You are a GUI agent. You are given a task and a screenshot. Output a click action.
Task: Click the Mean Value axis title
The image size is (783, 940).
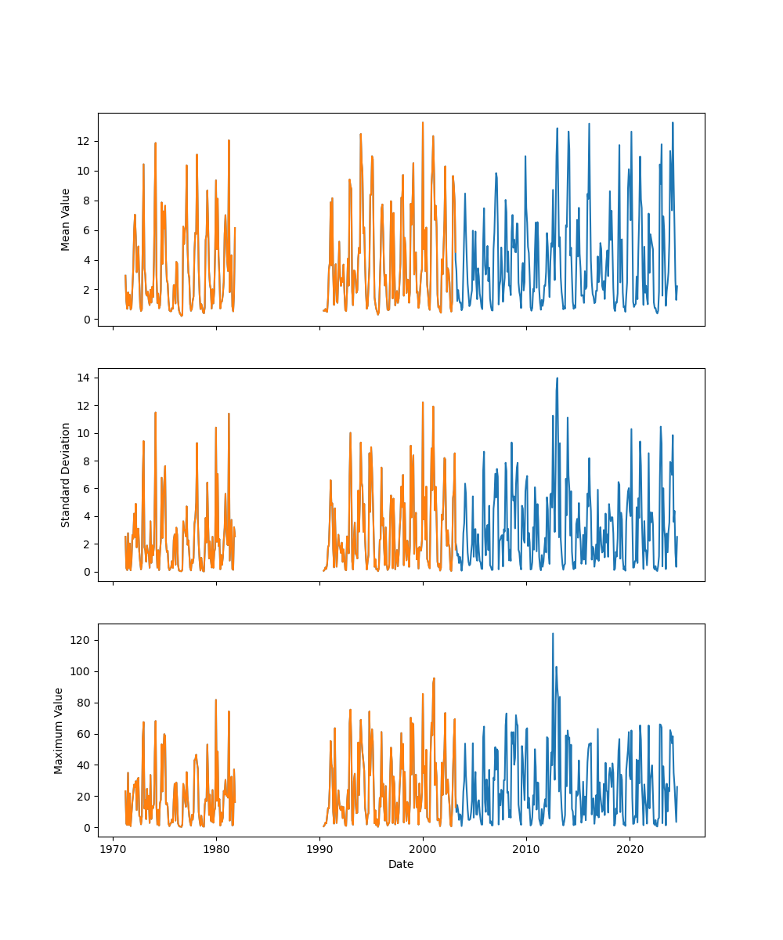(x=66, y=219)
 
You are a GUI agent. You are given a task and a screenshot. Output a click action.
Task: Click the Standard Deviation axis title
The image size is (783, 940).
(x=66, y=475)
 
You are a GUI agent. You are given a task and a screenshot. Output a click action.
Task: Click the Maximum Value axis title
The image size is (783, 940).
(x=59, y=730)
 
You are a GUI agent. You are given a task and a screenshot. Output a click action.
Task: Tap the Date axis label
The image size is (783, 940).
(x=401, y=864)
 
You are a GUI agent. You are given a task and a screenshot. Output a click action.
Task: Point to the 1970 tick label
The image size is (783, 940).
(x=114, y=849)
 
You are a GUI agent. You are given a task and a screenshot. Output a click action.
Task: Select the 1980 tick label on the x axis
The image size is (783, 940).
(x=217, y=849)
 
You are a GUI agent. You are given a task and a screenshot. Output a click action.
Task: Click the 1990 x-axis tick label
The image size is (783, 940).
(x=319, y=849)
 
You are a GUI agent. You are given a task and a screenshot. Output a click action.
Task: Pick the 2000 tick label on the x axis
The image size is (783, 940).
(x=423, y=849)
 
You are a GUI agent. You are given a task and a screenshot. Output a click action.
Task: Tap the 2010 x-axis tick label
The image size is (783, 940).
(x=526, y=849)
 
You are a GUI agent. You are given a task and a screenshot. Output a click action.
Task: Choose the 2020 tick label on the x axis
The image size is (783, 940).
(x=630, y=849)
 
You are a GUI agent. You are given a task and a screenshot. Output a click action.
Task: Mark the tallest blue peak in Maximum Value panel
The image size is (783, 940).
(x=553, y=634)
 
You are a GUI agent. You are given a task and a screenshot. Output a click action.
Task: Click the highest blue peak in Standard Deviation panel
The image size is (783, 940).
(x=557, y=378)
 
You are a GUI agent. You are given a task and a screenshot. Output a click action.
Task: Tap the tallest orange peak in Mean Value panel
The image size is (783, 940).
(x=423, y=122)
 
